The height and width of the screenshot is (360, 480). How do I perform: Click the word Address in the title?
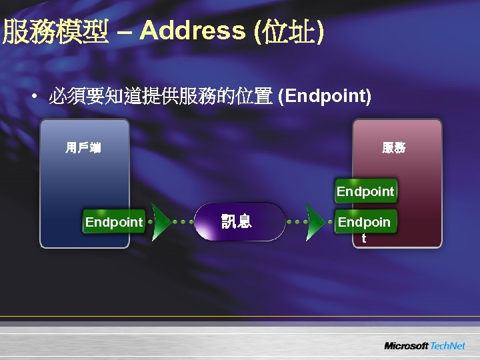click(193, 31)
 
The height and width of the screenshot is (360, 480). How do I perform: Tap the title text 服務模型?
click(56, 31)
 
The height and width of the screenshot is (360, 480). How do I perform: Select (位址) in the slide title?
click(289, 31)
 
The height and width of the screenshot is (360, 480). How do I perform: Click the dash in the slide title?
click(125, 31)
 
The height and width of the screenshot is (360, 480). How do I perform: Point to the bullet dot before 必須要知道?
click(33, 97)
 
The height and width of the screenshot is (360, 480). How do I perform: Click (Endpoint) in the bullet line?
click(325, 97)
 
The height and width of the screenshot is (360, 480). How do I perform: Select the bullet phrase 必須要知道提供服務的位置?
click(160, 97)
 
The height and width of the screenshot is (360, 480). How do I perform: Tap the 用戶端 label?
click(83, 147)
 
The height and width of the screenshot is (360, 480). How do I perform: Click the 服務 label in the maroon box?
click(393, 147)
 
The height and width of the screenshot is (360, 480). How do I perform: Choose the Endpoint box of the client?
click(114, 222)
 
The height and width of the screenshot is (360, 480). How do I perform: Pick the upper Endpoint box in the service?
click(365, 191)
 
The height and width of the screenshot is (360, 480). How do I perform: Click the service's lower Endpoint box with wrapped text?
click(365, 222)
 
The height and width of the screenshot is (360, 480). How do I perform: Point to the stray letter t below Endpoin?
click(364, 238)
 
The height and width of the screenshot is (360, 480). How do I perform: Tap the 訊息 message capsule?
click(237, 221)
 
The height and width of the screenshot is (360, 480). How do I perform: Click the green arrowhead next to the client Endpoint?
click(160, 221)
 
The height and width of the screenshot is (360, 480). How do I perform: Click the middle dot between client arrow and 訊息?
click(183, 221)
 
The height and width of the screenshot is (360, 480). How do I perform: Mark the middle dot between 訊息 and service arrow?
click(296, 221)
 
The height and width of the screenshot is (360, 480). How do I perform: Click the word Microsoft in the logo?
click(406, 346)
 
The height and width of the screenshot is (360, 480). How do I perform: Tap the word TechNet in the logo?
click(447, 346)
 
